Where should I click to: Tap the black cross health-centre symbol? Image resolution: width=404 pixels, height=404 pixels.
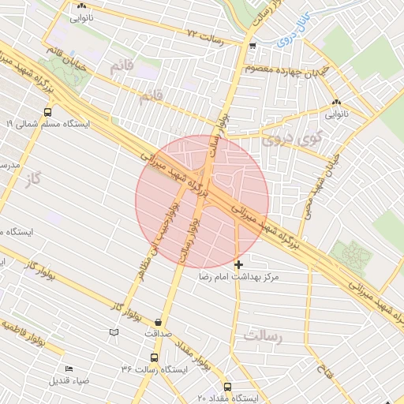(x=239, y=264)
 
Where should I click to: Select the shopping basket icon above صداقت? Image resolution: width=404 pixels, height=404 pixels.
(x=160, y=322)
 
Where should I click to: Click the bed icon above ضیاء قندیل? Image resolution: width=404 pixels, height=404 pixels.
(x=68, y=369)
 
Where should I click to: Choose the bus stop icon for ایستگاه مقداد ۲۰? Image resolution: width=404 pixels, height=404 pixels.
(x=228, y=387)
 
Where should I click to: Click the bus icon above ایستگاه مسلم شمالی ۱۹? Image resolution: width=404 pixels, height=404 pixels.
(x=48, y=111)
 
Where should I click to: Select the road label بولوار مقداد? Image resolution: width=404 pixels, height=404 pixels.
(x=187, y=348)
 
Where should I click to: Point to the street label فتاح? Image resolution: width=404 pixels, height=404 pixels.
(x=323, y=367)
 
